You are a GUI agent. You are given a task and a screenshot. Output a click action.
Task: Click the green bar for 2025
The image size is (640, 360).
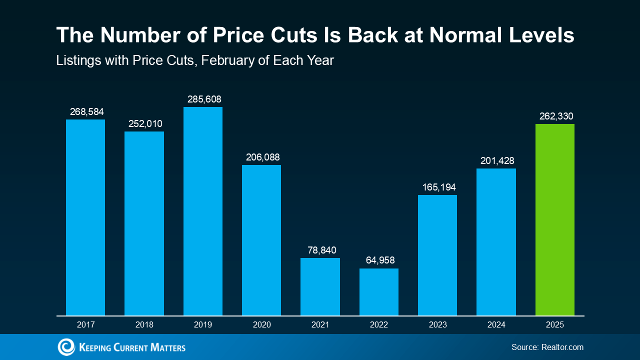click(554, 219)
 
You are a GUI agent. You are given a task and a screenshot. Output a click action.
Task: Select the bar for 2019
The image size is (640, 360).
click(203, 211)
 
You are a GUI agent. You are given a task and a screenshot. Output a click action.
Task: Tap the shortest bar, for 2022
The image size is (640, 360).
click(379, 292)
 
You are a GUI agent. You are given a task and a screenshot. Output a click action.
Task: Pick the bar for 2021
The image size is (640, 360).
click(320, 286)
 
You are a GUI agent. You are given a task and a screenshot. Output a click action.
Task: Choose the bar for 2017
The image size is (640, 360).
click(85, 217)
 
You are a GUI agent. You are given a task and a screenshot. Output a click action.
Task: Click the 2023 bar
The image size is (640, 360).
click(437, 255)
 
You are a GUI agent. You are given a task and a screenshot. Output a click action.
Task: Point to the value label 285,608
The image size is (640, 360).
click(203, 99)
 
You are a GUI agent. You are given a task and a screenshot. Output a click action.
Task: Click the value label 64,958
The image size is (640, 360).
click(379, 260)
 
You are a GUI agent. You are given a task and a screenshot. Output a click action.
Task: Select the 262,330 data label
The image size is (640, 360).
click(556, 116)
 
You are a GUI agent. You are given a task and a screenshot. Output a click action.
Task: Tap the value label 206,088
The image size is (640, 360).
click(262, 157)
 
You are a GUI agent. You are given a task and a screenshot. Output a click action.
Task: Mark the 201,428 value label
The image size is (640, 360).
click(496, 160)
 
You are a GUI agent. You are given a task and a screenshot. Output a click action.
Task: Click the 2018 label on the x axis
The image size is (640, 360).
click(144, 324)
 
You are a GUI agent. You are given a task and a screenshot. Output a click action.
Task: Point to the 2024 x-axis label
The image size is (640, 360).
click(496, 324)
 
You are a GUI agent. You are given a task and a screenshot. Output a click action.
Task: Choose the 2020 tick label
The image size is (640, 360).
click(262, 324)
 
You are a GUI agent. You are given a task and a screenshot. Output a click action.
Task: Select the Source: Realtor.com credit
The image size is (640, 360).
click(547, 347)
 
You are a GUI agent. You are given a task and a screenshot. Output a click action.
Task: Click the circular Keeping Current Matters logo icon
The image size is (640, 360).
click(66, 347)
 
